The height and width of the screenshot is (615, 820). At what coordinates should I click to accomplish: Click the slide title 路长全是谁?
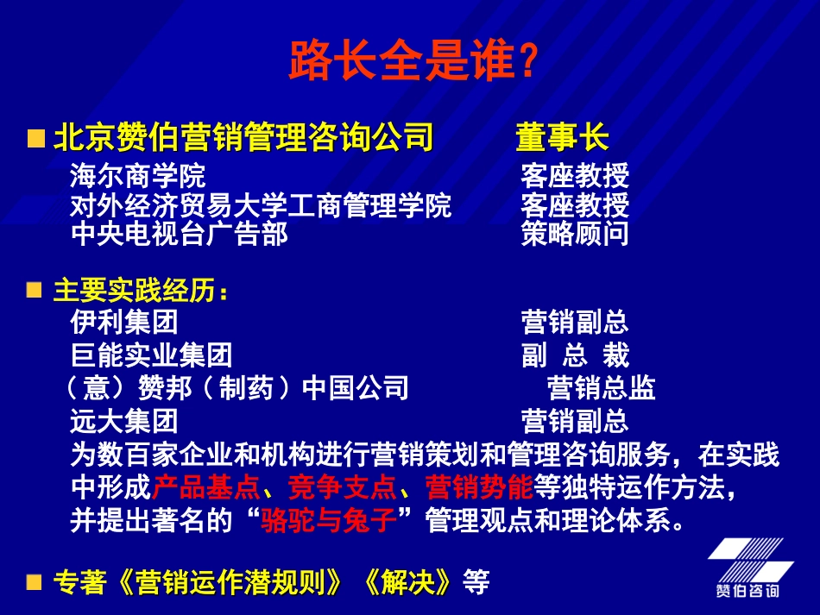point(413,61)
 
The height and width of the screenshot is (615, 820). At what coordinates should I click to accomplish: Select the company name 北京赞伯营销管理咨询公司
point(243,138)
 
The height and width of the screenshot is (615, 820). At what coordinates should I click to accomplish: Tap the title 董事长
point(562,138)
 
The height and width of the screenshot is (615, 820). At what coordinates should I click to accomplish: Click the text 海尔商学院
point(138,177)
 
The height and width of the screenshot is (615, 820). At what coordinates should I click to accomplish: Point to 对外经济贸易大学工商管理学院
point(261,206)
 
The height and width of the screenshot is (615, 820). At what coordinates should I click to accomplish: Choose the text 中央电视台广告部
point(179,234)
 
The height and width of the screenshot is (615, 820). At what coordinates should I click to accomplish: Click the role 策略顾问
point(575,234)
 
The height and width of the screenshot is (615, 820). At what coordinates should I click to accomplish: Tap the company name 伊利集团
point(124,322)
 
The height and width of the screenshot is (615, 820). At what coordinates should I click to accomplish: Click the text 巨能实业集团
point(151,355)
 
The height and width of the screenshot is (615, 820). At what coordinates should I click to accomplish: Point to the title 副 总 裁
point(575,355)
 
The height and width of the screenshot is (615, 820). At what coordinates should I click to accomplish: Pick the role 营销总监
point(601,387)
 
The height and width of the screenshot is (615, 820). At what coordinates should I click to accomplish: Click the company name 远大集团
point(124,421)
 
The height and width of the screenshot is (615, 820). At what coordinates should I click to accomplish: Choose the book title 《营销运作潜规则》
point(226,582)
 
